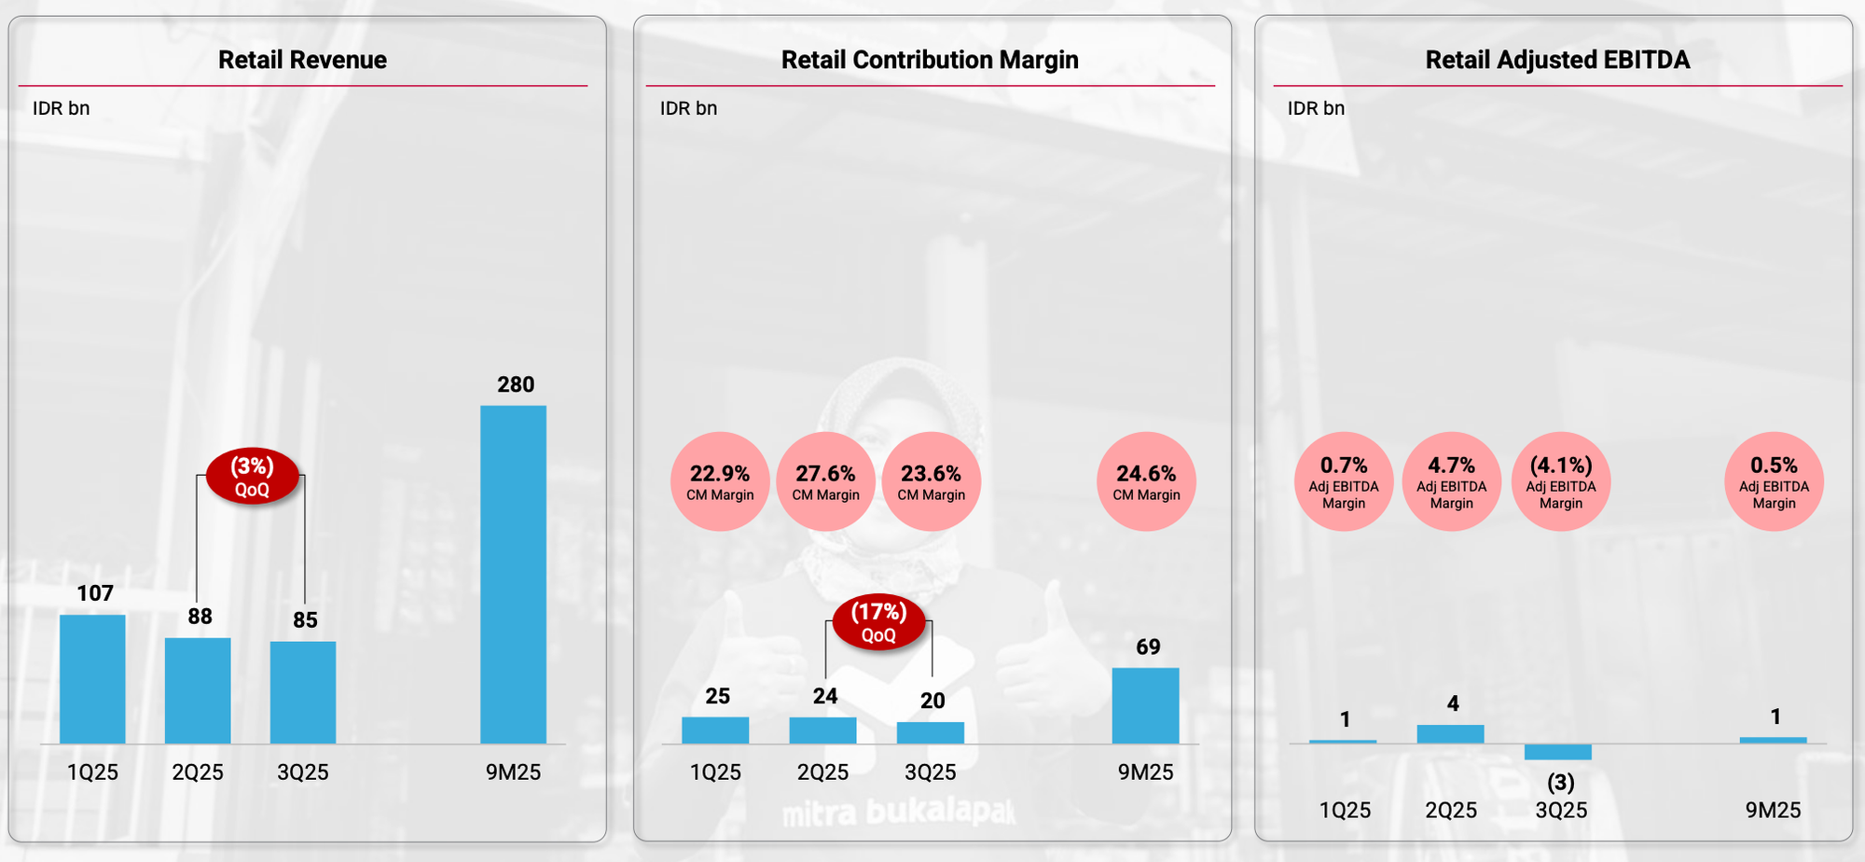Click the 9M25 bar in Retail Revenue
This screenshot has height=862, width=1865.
coord(513,574)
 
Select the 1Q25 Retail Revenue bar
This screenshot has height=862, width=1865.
coord(92,678)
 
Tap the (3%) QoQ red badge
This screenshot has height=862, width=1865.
coord(252,476)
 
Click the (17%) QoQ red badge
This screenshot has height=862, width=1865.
coord(878,622)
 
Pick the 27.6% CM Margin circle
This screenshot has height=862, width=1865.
coord(825,481)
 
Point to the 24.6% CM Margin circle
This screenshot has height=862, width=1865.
coord(1146,481)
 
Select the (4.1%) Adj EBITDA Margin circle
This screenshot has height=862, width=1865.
coord(1560,481)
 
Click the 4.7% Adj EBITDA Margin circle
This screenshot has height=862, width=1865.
coord(1451,481)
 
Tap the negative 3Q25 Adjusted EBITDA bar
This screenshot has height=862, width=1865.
coord(1558,752)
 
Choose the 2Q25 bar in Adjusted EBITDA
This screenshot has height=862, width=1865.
coord(1450,734)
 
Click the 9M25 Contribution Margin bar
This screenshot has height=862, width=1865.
coord(1145,705)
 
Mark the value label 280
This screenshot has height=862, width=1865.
coord(516,384)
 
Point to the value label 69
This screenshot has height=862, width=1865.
coord(1148,647)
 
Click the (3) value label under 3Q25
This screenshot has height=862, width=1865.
coord(1560,782)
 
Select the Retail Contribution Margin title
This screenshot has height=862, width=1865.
coord(930,60)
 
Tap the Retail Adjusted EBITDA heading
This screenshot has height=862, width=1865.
coord(1557,60)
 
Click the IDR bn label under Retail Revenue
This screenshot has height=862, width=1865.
coord(62,108)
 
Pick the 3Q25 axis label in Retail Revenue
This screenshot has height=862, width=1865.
coord(303,772)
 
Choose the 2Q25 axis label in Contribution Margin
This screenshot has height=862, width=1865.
coord(822,772)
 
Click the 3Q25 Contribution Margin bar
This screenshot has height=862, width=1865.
coord(931,732)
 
